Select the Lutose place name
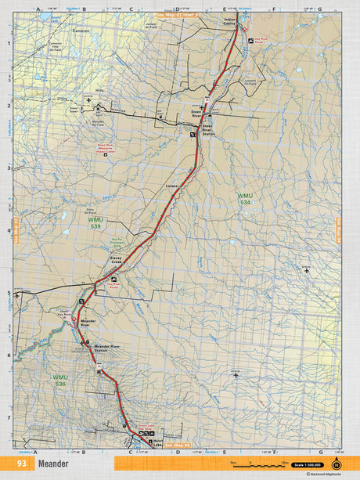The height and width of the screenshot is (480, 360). coord(172,186)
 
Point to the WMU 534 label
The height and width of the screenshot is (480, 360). coord(247,198)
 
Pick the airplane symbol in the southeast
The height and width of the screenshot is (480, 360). coord(236,375)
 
